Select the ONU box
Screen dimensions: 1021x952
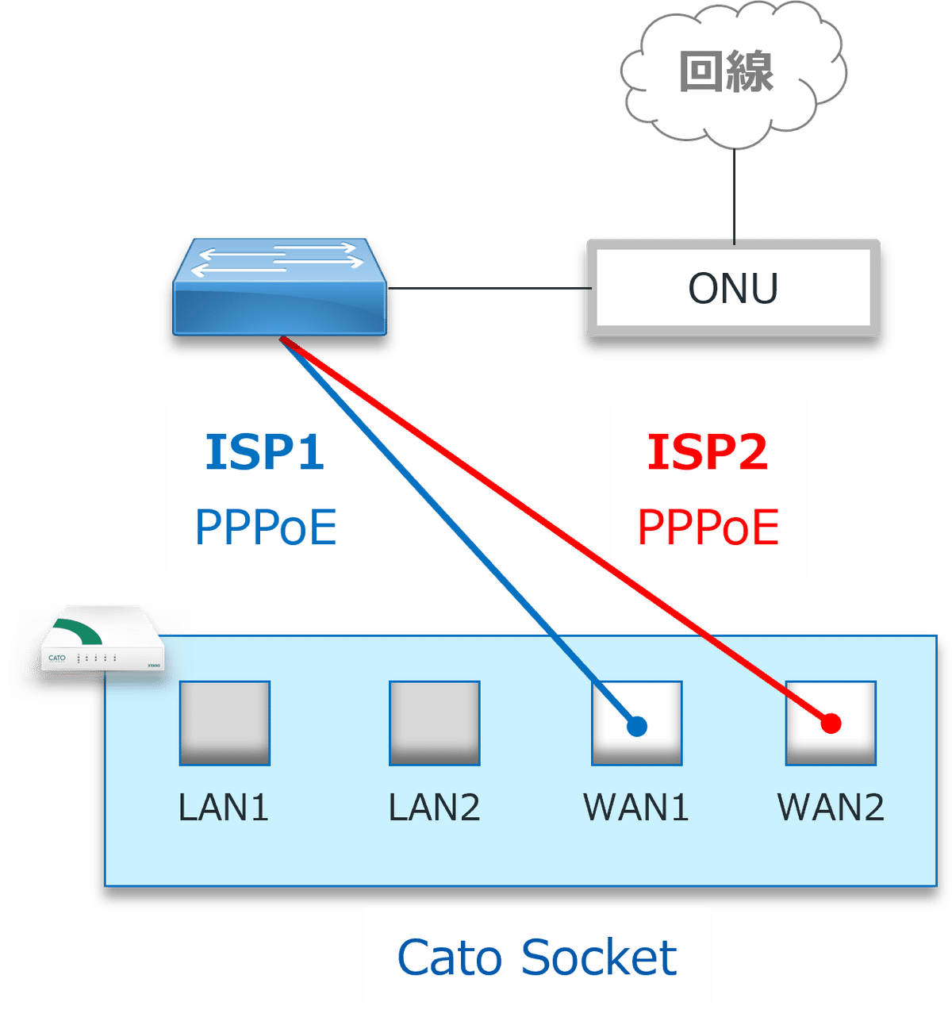(733, 288)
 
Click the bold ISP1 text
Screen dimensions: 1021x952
(265, 452)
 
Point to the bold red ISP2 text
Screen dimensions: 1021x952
(708, 452)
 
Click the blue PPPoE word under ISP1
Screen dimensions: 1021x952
(266, 528)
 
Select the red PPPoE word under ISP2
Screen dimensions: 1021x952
(708, 528)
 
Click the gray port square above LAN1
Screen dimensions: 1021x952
(225, 723)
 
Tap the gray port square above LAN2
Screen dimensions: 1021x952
(434, 723)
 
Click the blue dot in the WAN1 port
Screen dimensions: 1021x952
(637, 726)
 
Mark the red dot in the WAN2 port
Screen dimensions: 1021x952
(831, 724)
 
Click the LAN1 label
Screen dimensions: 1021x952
(224, 808)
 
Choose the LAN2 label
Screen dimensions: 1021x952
(434, 808)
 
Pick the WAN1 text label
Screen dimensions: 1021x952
(636, 808)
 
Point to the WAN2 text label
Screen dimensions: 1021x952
(831, 808)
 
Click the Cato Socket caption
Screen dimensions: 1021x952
(536, 958)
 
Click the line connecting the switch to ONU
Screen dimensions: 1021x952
(488, 289)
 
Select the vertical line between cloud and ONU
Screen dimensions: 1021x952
(734, 194)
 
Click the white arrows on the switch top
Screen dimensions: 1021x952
(278, 259)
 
